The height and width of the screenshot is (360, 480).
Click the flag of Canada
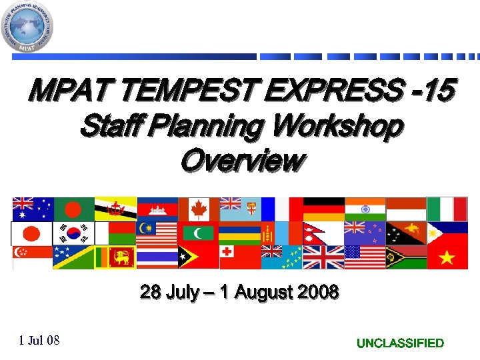point(199,209)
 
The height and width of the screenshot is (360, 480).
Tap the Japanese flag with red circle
point(31,233)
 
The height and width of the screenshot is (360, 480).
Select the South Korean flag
point(73,233)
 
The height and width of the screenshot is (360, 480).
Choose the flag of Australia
point(31,209)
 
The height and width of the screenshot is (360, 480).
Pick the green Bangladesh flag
point(73,209)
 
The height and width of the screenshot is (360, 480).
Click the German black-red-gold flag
point(324,209)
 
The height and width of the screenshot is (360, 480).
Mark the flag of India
point(365,209)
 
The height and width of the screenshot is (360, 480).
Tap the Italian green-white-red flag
point(448,209)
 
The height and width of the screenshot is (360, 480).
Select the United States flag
point(365,257)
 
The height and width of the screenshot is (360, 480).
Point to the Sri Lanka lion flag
point(115,257)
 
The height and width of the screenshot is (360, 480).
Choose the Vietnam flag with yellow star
point(448,257)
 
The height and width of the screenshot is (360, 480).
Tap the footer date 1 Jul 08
point(39,341)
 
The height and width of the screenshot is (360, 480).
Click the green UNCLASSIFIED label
point(400,343)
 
